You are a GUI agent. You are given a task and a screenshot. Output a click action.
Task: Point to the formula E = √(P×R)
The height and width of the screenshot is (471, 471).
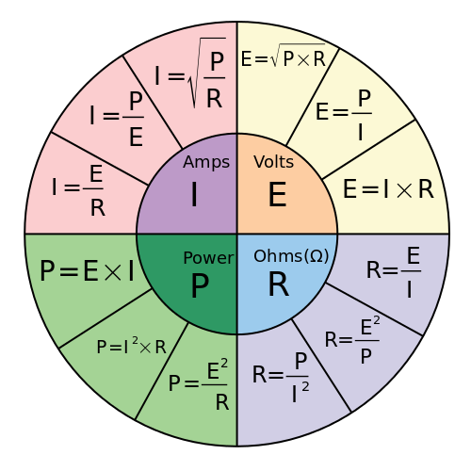tap(283, 58)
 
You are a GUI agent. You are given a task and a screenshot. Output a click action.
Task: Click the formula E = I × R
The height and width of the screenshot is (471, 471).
tap(387, 188)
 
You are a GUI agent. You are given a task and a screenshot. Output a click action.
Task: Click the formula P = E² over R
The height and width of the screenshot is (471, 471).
tap(200, 383)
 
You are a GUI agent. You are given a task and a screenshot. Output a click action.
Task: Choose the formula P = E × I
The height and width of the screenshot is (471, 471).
tap(87, 272)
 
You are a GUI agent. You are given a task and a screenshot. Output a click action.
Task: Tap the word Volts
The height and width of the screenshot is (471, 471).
tap(274, 161)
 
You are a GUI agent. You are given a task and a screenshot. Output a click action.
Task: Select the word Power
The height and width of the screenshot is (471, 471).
tap(208, 257)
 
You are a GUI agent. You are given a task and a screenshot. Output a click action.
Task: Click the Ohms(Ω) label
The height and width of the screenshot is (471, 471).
tap(290, 256)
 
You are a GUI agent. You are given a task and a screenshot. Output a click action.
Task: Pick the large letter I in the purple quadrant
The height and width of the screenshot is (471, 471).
tap(193, 195)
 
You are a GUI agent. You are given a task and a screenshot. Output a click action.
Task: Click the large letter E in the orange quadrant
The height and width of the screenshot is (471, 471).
tap(277, 195)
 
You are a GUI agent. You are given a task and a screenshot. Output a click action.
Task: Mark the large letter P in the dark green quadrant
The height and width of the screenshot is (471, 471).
tap(200, 284)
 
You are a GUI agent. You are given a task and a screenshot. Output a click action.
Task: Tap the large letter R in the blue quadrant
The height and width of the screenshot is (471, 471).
tap(278, 284)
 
